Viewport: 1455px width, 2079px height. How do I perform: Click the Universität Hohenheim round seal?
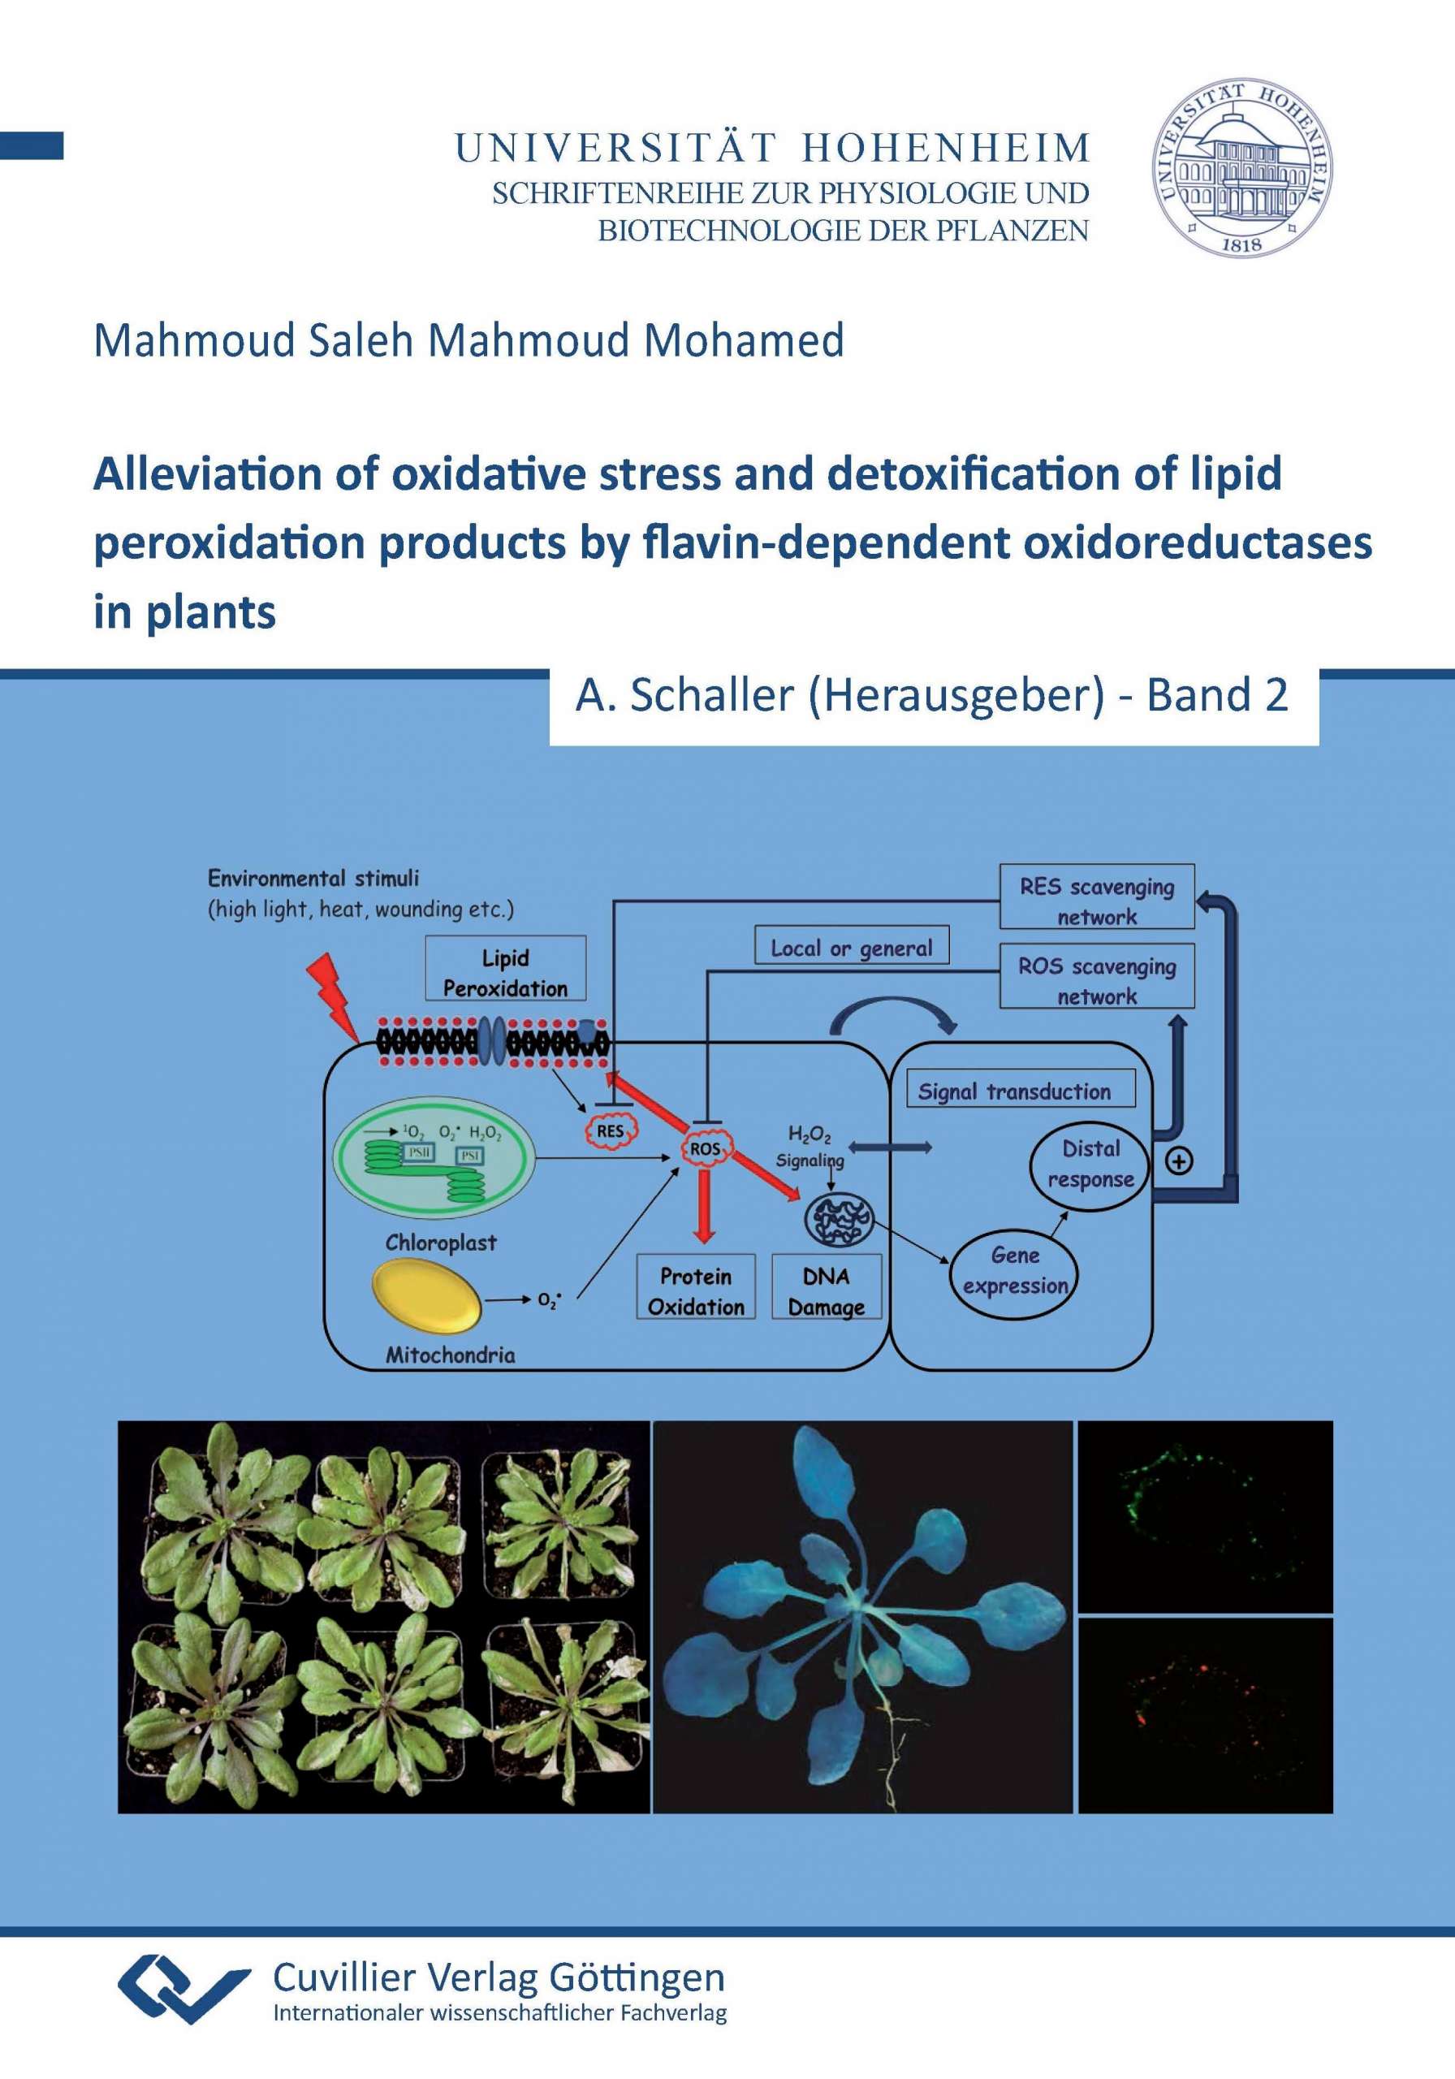1242,166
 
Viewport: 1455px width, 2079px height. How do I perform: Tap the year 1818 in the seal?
1241,242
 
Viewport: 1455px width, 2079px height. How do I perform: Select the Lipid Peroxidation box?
505,969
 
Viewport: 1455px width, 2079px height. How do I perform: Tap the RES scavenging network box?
1096,897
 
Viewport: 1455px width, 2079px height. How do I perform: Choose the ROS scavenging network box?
1096,976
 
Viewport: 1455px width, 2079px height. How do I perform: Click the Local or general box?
852,944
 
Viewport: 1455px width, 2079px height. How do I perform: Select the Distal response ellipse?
1090,1165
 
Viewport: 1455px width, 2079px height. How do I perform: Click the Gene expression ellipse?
1014,1270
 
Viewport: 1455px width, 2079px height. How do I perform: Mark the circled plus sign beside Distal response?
1179,1161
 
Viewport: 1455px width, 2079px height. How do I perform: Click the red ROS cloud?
706,1149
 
